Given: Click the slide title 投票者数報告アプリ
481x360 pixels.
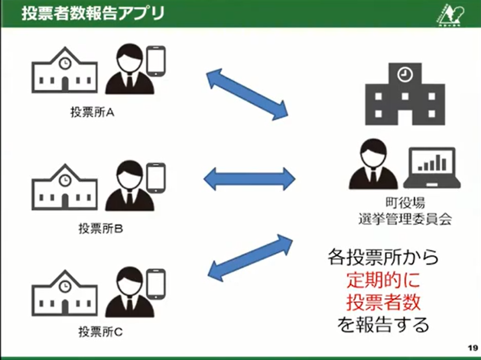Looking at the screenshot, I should pyautogui.click(x=93, y=13).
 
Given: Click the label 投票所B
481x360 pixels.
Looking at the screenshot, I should pyautogui.click(x=101, y=229).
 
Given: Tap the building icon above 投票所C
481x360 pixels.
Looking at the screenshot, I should pyautogui.click(x=65, y=292).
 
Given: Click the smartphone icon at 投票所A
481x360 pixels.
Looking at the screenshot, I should pyautogui.click(x=156, y=60).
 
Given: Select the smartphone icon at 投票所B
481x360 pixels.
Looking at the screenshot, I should pyautogui.click(x=156, y=177).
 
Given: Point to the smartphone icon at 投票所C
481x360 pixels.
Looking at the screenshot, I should pyautogui.click(x=156, y=283).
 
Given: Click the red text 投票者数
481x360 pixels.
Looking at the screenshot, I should pyautogui.click(x=383, y=302).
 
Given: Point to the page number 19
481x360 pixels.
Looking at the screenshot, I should pyautogui.click(x=472, y=348).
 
